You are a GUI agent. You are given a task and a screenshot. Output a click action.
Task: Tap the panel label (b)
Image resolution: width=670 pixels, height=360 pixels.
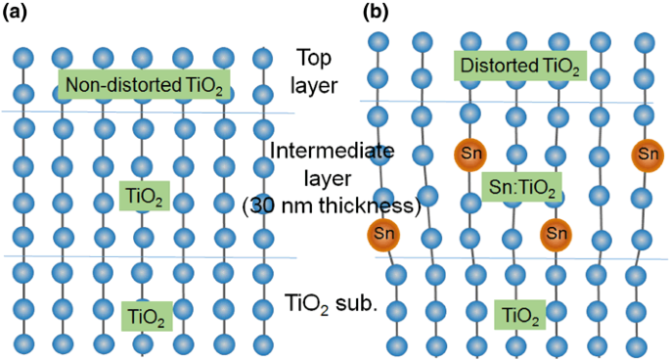(377, 13)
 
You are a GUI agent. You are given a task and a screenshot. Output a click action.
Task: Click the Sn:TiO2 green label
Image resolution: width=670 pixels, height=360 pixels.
(519, 187)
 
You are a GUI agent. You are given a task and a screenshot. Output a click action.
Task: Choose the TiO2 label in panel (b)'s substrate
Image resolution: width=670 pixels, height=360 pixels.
(518, 314)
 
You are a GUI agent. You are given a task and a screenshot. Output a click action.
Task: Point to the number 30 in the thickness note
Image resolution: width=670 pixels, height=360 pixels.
(262, 207)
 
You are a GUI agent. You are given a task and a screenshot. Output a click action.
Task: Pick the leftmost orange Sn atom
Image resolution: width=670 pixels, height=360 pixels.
(384, 234)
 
